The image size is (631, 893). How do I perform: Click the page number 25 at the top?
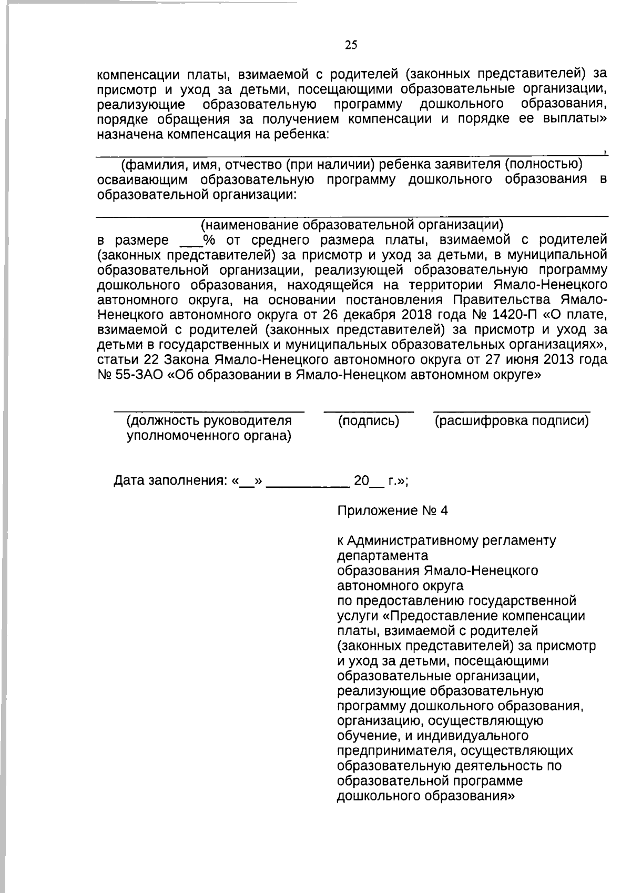tap(351, 45)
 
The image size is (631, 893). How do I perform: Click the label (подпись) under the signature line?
tap(369, 421)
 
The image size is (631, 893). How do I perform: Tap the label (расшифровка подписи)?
tap(512, 421)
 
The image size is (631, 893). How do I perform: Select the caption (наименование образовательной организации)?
tap(352, 225)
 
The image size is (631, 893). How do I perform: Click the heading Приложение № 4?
tap(392, 511)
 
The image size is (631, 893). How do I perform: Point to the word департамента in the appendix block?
tap(382, 556)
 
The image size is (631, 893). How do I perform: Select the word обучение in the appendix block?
tap(367, 735)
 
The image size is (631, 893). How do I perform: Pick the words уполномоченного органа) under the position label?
tap(209, 436)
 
